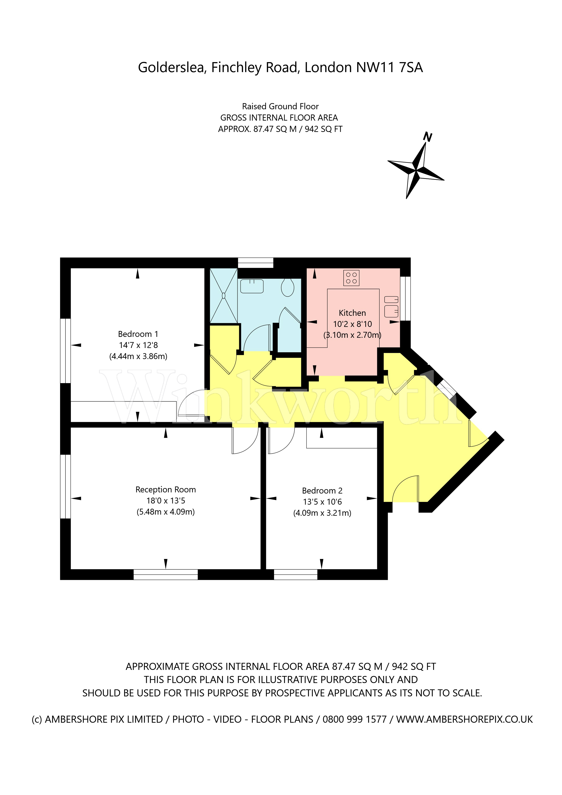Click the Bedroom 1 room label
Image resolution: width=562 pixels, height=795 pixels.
click(138, 334)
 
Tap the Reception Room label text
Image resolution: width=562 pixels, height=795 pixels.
click(165, 490)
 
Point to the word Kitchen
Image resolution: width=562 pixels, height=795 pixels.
click(352, 313)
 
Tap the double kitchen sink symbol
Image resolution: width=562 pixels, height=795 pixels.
click(391, 306)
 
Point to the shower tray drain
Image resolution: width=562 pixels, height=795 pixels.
click(224, 296)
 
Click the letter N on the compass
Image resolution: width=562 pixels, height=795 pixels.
click(428, 137)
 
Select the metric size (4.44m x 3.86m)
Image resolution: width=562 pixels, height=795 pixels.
click(138, 356)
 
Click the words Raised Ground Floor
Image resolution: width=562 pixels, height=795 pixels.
click(280, 106)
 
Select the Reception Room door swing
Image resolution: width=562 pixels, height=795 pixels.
click(245, 440)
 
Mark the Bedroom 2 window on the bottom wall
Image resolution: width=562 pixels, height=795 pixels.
click(296, 575)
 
